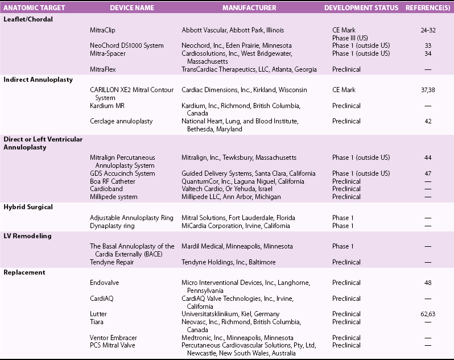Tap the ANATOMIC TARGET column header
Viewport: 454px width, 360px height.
(x=34, y=8)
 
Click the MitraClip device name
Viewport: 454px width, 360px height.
(x=102, y=30)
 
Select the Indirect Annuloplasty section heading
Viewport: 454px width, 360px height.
(x=38, y=80)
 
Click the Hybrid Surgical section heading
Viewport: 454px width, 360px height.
(x=28, y=207)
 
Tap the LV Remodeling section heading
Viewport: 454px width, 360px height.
(x=27, y=235)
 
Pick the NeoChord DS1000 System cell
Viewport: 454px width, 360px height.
(x=127, y=45)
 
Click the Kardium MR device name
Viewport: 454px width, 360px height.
(x=106, y=106)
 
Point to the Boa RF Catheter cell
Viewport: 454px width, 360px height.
(x=113, y=181)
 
